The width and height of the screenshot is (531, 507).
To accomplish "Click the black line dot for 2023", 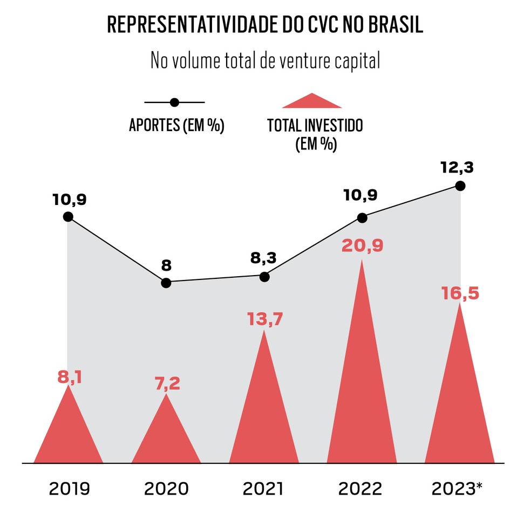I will click(460, 186).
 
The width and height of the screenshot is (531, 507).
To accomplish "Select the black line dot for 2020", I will click(166, 283).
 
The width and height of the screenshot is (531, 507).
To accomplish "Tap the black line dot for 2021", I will click(264, 277).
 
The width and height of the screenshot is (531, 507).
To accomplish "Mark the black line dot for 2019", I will click(68, 217).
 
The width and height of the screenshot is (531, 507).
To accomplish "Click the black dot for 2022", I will click(362, 218).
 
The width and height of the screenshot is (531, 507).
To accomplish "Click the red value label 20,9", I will click(362, 246).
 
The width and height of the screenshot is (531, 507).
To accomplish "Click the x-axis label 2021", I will click(263, 489).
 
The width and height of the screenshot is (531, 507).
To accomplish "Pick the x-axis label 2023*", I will click(457, 489).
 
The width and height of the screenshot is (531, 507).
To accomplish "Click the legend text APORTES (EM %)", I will click(176, 126).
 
